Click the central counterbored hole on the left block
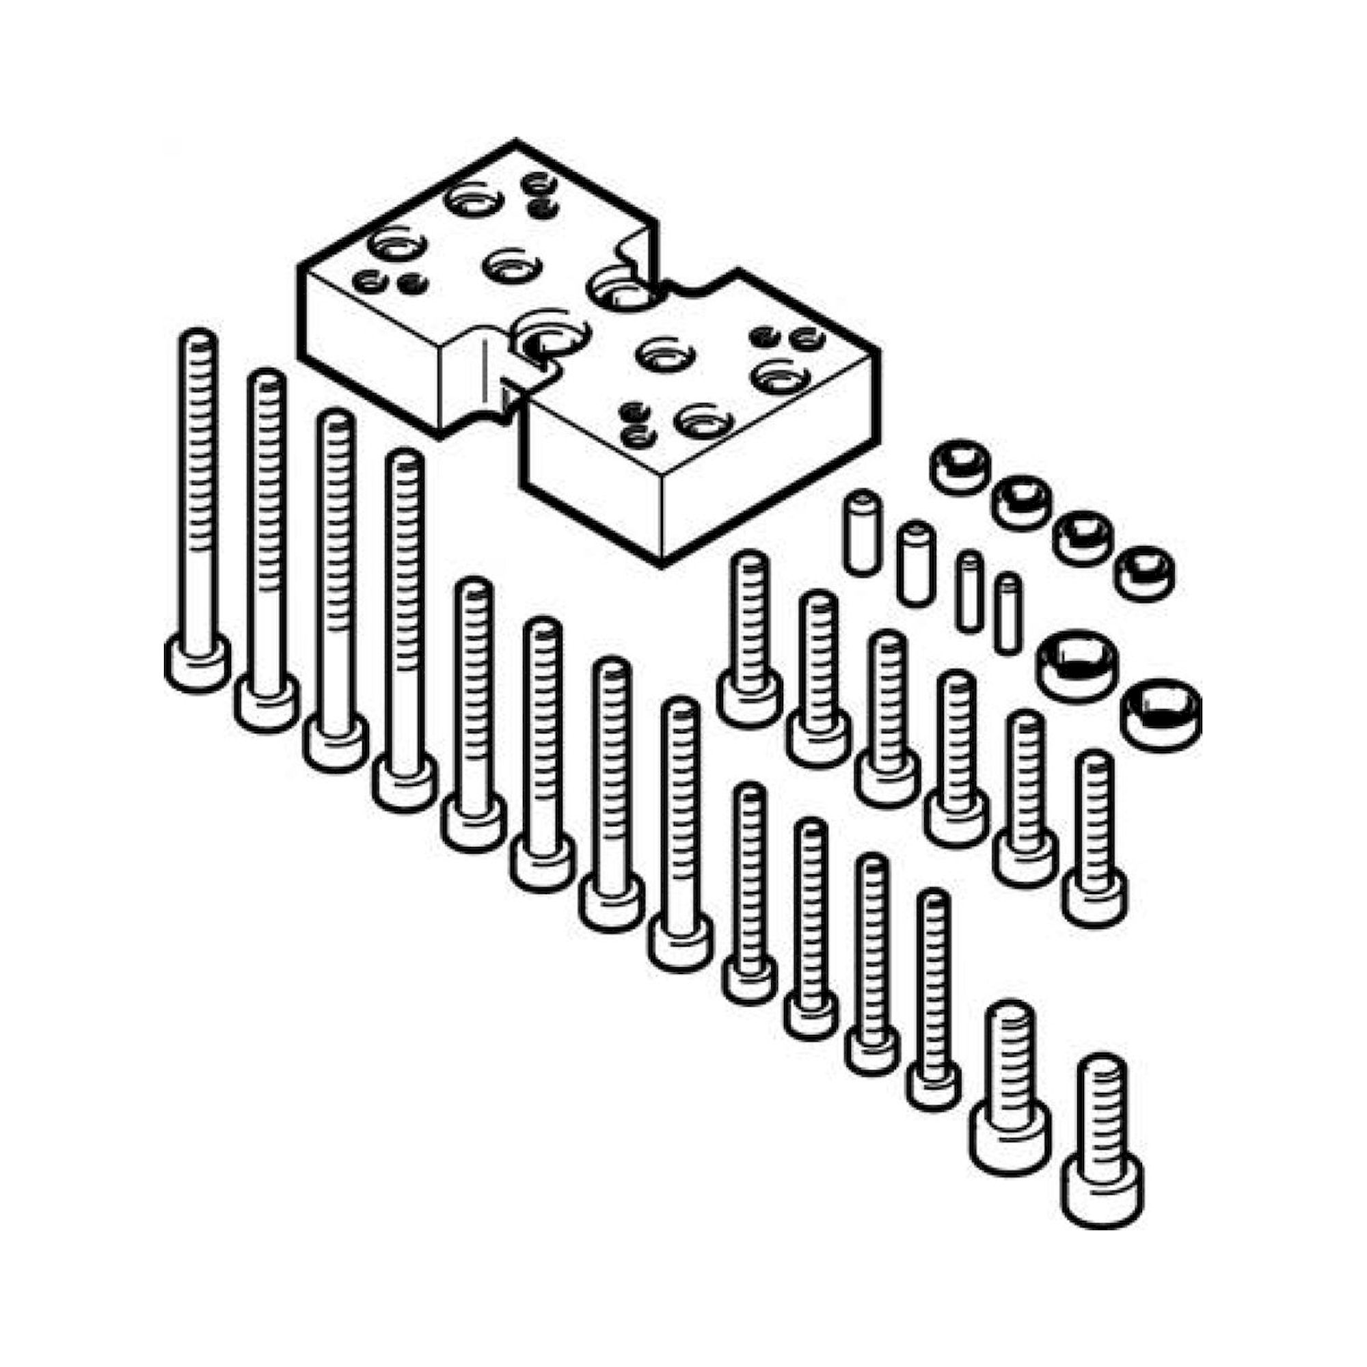click(508, 266)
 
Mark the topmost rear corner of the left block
click(515, 141)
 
